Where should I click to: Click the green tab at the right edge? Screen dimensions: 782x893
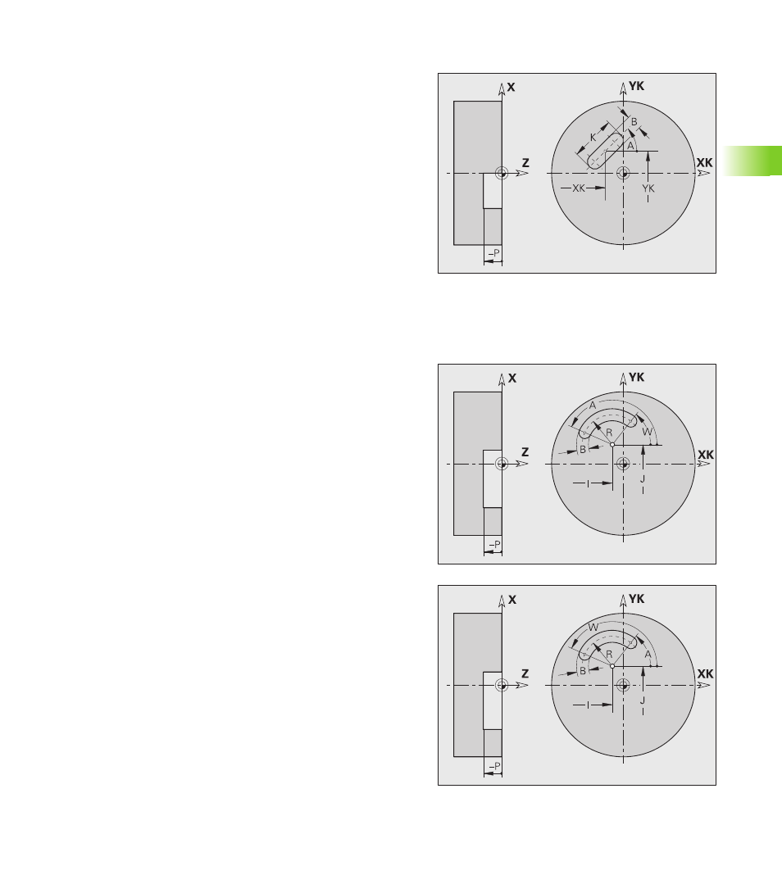[x=753, y=161]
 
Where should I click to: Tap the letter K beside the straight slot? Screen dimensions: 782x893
[x=593, y=138]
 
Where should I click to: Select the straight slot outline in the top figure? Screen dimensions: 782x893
[x=605, y=151]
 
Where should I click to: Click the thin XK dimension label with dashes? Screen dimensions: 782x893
[x=579, y=188]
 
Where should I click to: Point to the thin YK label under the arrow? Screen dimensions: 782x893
[x=648, y=188]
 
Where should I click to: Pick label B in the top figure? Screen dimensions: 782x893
[x=634, y=122]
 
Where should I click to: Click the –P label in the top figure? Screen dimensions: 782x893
[x=493, y=253]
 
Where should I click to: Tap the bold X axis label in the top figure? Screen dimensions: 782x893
[x=511, y=87]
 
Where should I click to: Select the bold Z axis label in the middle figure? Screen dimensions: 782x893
[x=525, y=452]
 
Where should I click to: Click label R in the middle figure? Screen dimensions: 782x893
[x=609, y=433]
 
